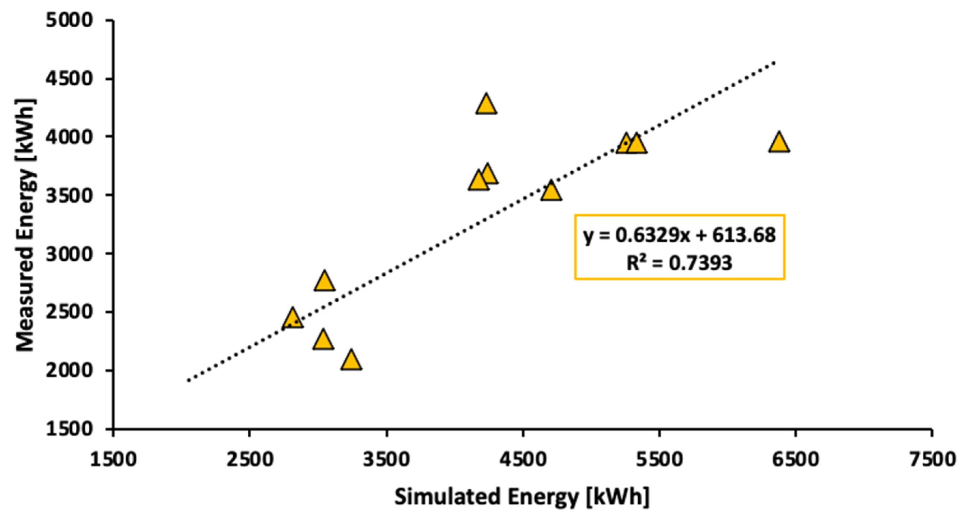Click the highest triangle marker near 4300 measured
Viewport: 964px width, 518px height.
(x=486, y=105)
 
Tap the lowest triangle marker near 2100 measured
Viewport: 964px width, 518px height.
(x=351, y=361)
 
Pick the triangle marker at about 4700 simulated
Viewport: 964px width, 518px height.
(x=551, y=192)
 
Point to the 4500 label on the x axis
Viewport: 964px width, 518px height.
(x=523, y=459)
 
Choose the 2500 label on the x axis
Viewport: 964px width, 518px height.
(x=249, y=459)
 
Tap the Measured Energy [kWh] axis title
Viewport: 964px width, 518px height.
(x=26, y=225)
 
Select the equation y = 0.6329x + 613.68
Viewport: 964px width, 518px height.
(x=679, y=236)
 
